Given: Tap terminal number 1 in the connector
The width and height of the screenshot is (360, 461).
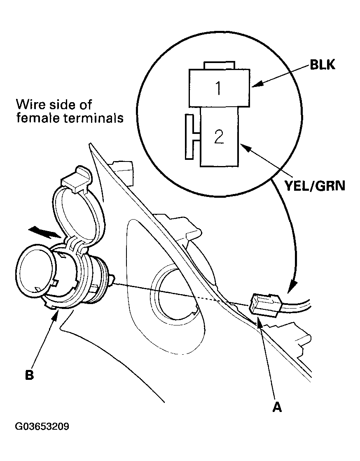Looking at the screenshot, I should pos(218,88).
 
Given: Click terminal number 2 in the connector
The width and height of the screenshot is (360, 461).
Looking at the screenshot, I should pos(219,137).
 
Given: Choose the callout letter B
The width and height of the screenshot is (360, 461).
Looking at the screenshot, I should pos(29,375).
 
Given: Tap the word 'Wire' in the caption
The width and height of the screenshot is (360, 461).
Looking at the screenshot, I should pos(29,105).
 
